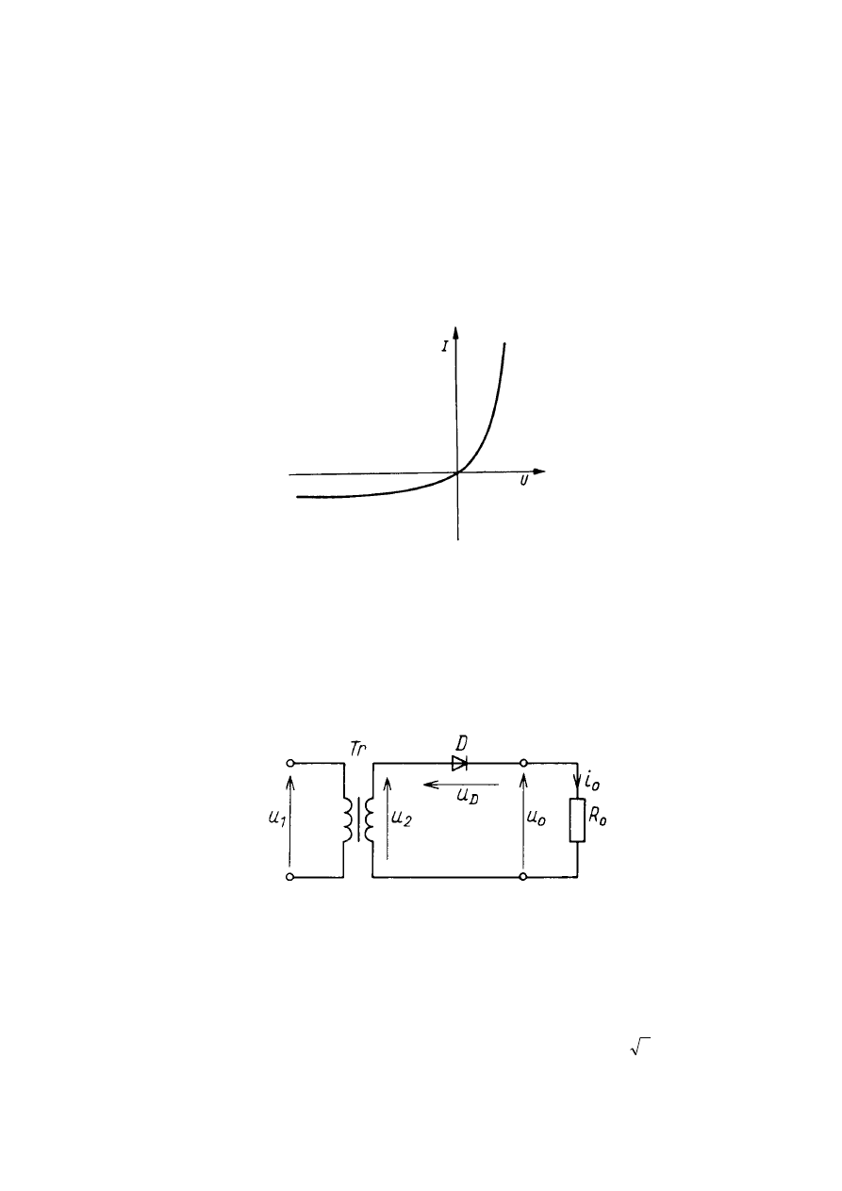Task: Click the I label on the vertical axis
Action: [445, 346]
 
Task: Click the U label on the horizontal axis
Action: [524, 481]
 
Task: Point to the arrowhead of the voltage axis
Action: [538, 471]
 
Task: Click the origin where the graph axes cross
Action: [457, 472]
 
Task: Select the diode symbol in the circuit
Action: [459, 763]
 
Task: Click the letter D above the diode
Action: [461, 743]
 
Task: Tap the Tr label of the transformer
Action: [357, 749]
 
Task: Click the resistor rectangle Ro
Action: [577, 819]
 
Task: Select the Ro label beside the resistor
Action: [598, 818]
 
